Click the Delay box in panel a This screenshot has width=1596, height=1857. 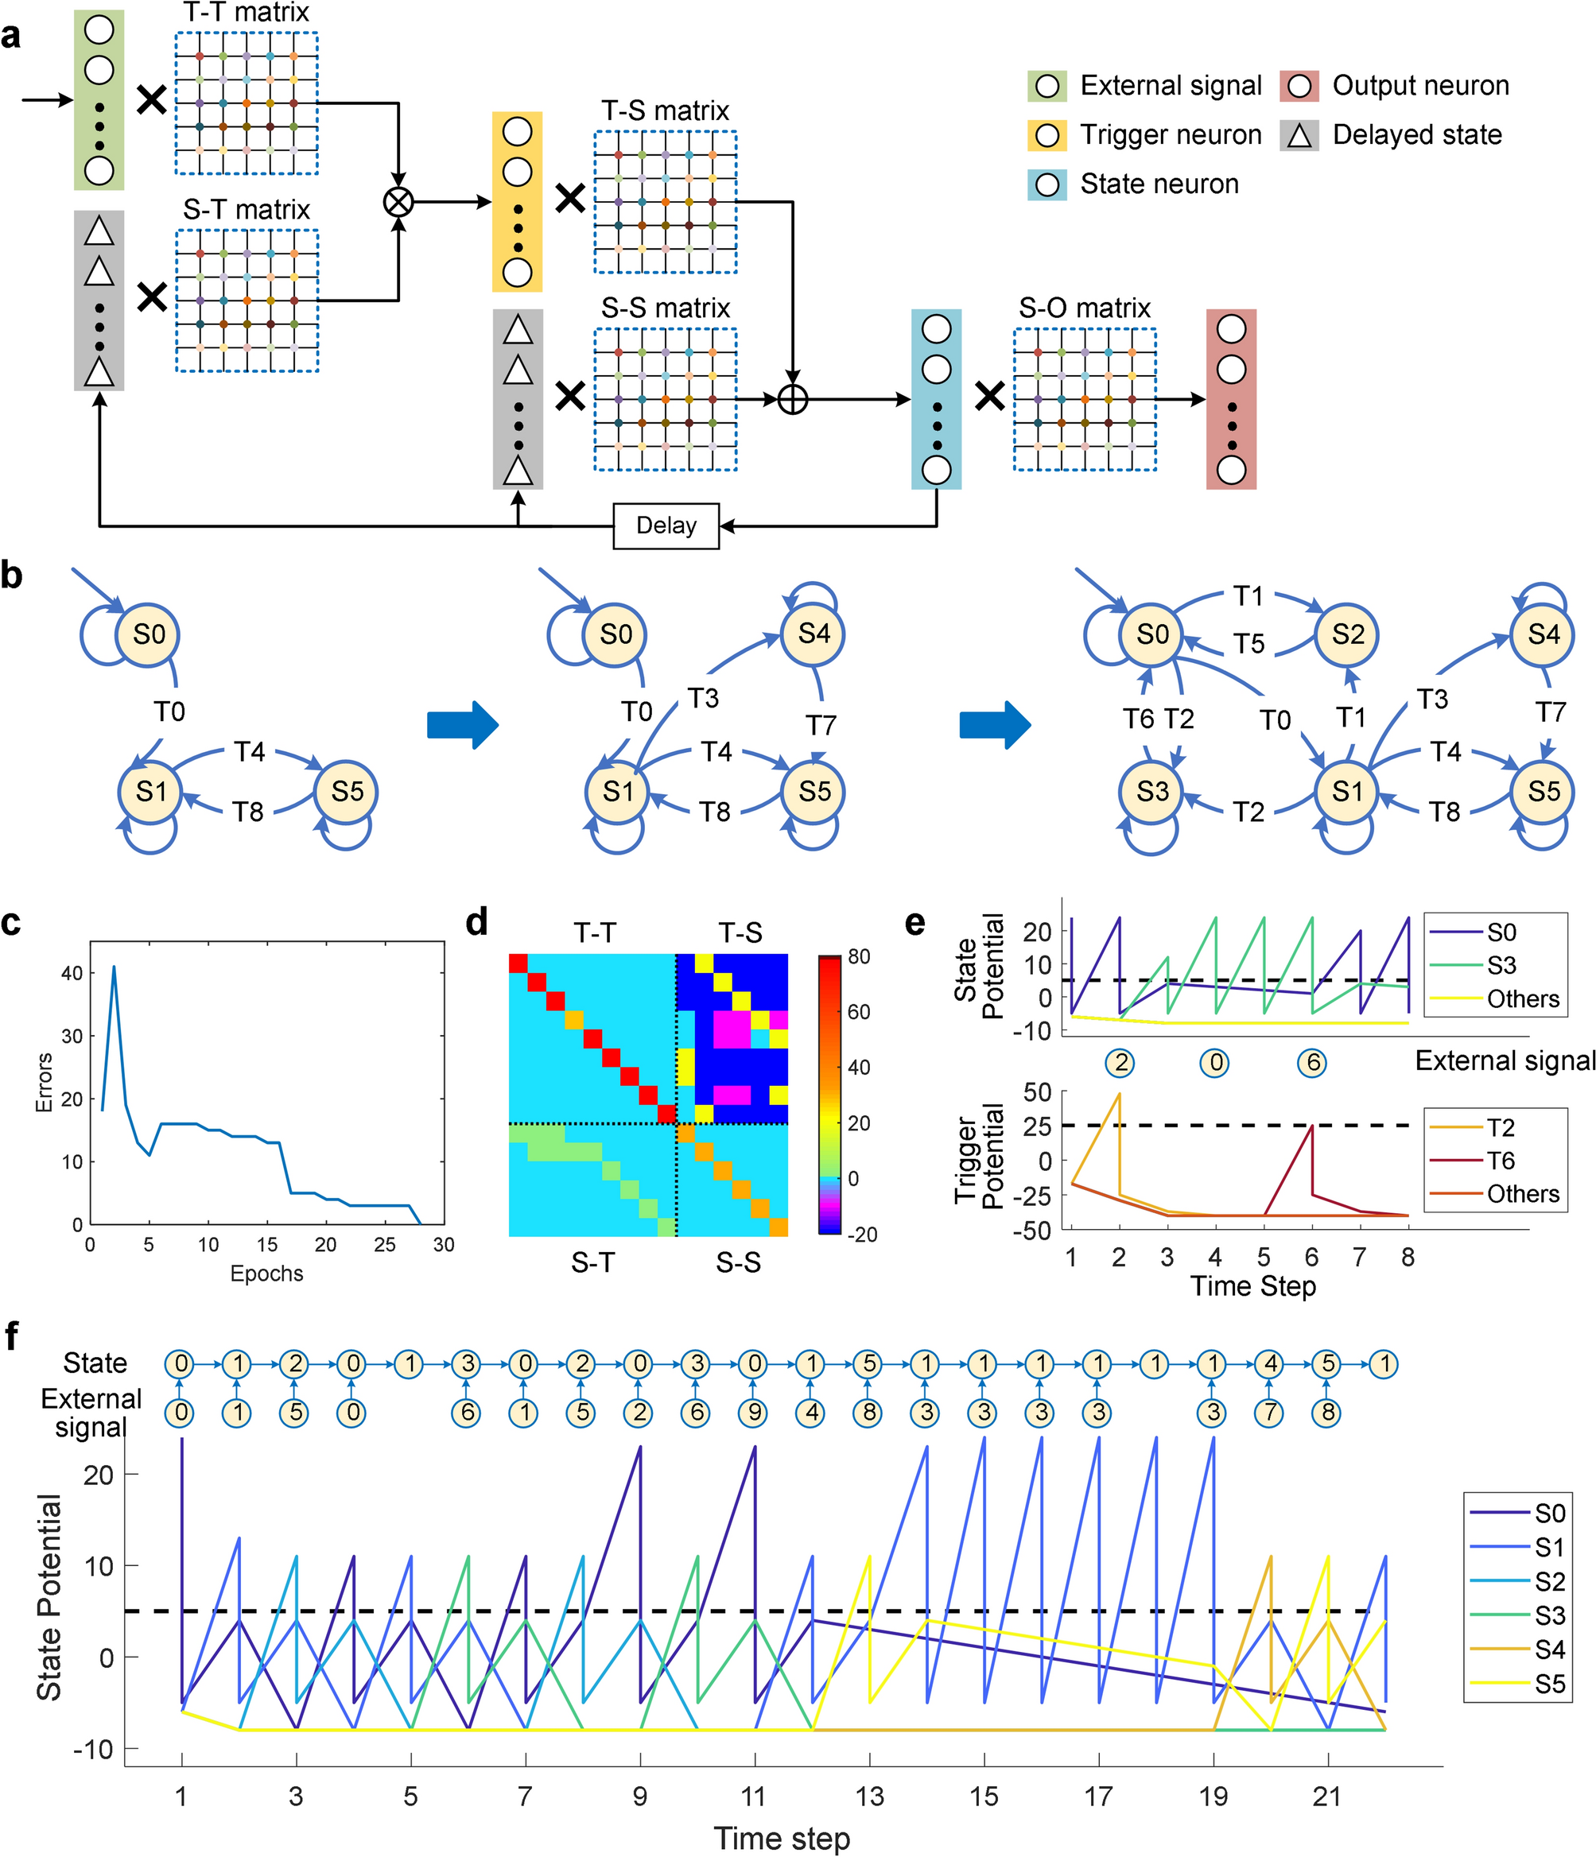(x=666, y=525)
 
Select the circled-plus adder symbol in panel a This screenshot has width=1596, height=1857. (x=793, y=399)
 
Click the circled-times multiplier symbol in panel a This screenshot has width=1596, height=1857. (x=398, y=202)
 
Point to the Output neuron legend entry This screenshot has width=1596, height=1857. (x=1419, y=85)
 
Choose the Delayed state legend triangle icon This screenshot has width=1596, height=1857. (x=1299, y=135)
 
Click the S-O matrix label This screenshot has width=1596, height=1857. (x=1084, y=308)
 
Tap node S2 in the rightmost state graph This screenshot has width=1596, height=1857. (x=1347, y=634)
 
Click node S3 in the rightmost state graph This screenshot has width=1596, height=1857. (x=1152, y=792)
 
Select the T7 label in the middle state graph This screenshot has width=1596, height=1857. (x=821, y=724)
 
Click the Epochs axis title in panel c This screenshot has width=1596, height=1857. (x=266, y=1273)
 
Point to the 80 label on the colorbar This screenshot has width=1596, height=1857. (x=858, y=956)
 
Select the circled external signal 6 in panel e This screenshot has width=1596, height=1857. (x=1312, y=1063)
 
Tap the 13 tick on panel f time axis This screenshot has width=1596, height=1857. (x=869, y=1795)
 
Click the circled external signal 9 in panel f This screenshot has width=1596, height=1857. (x=754, y=1413)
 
